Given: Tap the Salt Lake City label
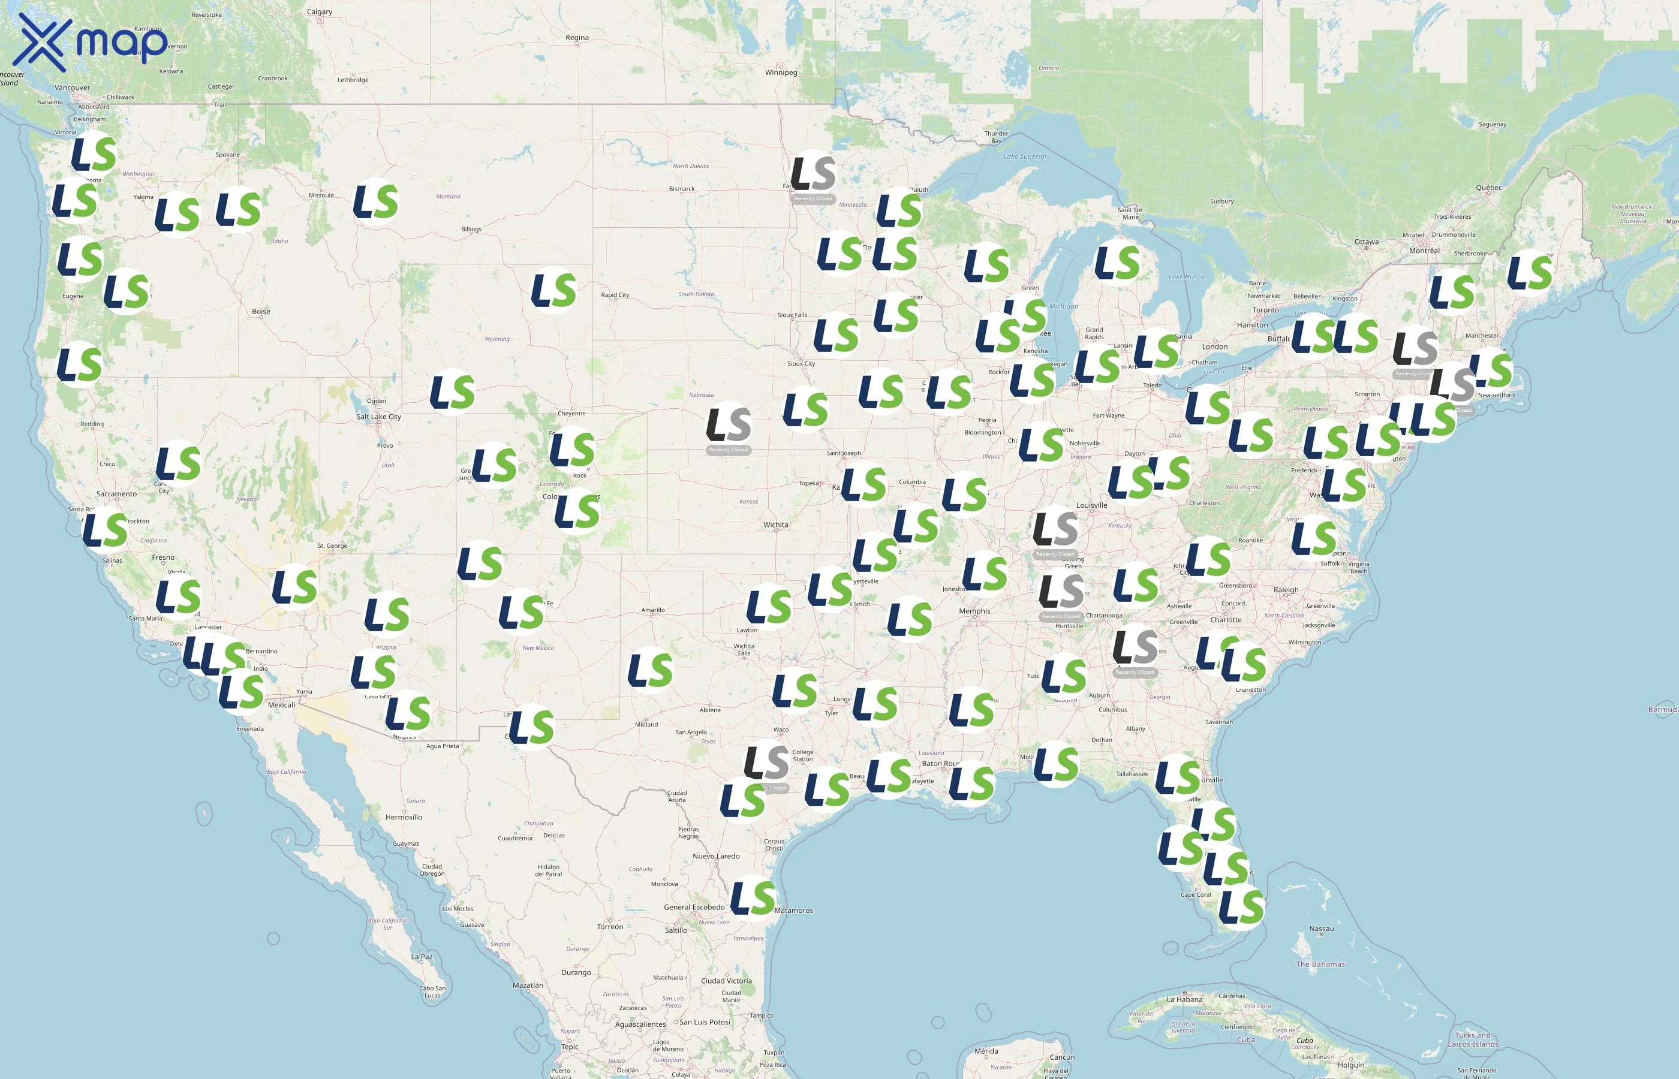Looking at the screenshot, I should pyautogui.click(x=378, y=416).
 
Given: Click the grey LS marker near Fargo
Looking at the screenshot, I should pyautogui.click(x=813, y=174).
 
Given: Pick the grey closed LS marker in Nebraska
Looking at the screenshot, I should pyautogui.click(x=729, y=424).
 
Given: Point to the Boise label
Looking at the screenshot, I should pyautogui.click(x=261, y=311).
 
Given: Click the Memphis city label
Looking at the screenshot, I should pyautogui.click(x=975, y=611).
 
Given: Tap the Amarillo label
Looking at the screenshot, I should pyautogui.click(x=652, y=610).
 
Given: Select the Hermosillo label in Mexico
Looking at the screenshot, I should pyautogui.click(x=404, y=817).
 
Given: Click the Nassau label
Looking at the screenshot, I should pyautogui.click(x=1322, y=929).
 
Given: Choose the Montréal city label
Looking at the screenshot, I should pyautogui.click(x=1424, y=250).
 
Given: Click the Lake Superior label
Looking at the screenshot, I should pyautogui.click(x=1025, y=156).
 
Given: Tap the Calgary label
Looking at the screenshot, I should pyautogui.click(x=320, y=11).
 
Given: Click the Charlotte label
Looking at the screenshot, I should pyautogui.click(x=1226, y=619).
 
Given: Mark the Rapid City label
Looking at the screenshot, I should pyautogui.click(x=615, y=294).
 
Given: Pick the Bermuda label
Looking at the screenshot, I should pyautogui.click(x=1662, y=710).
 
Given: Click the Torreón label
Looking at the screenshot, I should pyautogui.click(x=610, y=926).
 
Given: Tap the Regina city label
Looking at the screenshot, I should pyautogui.click(x=577, y=37).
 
